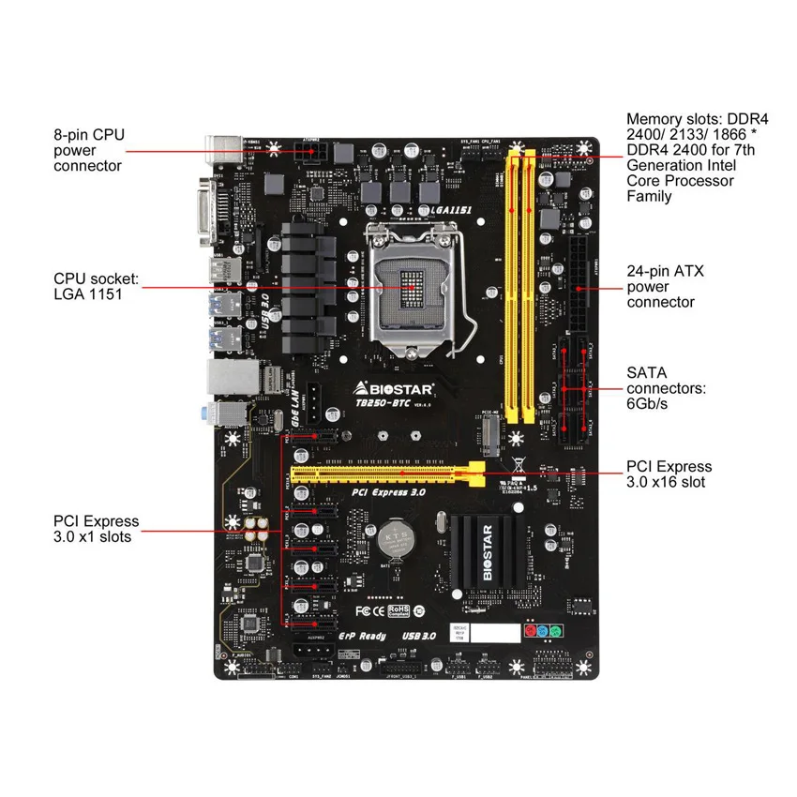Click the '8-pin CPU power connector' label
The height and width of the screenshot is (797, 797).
(88, 150)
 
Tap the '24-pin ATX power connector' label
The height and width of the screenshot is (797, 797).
(665, 286)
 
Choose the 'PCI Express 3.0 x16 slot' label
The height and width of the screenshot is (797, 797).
(669, 474)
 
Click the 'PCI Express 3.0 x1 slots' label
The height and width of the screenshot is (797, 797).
(96, 529)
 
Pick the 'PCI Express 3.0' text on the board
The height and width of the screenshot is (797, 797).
(388, 490)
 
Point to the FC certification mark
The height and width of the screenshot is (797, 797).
(368, 610)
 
